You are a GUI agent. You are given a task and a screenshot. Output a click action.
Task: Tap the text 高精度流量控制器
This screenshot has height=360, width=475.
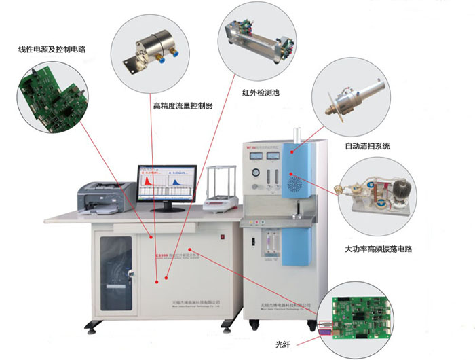pyautogui.click(x=183, y=106)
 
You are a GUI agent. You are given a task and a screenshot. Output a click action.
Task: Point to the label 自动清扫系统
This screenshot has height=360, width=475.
pyautogui.click(x=367, y=146)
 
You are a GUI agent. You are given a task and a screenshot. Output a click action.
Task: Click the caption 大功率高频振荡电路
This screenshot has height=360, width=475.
pyautogui.click(x=377, y=249)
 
